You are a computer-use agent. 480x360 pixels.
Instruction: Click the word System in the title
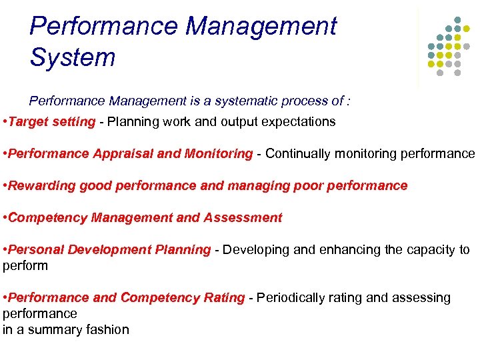point(73,57)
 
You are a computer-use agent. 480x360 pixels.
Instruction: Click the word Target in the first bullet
point(28,121)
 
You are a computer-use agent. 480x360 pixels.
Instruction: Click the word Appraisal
point(125,153)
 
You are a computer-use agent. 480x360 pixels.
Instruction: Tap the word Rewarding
point(43,185)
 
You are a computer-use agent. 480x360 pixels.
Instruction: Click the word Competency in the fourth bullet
point(47,217)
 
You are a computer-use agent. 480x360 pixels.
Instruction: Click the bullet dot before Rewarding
point(5,185)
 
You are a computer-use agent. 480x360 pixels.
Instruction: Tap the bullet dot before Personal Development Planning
point(5,249)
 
